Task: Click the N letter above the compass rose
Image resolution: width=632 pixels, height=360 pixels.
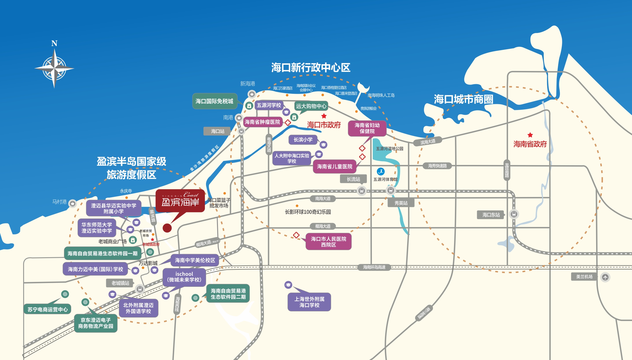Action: click(54, 43)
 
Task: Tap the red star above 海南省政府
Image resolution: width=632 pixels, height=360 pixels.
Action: click(530, 135)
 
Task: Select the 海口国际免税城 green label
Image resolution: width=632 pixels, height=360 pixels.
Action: click(214, 101)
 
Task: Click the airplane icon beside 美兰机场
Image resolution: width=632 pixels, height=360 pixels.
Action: click(605, 277)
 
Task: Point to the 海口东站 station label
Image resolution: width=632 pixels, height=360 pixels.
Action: click(491, 215)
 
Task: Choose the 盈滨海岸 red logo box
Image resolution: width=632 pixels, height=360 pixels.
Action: click(180, 200)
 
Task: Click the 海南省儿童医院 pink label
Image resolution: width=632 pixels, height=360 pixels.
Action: click(335, 166)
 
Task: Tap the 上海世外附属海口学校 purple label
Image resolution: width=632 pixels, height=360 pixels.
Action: click(309, 302)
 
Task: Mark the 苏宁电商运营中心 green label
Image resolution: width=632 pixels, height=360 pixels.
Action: click(47, 309)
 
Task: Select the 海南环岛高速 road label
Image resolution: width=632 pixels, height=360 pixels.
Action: click(374, 267)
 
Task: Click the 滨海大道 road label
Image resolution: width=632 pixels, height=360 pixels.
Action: click(428, 142)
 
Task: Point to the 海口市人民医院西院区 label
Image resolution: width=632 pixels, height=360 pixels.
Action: click(328, 242)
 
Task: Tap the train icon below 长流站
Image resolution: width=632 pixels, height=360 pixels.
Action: click(361, 191)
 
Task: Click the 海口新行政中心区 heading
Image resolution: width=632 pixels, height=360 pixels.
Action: click(311, 68)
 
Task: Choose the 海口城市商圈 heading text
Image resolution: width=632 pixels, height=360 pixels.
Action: click(463, 99)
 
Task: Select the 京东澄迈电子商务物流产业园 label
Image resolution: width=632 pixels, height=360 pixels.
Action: click(95, 323)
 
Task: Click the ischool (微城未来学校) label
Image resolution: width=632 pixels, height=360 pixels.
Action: click(184, 277)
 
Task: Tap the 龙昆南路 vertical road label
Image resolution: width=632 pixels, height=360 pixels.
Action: click(507, 170)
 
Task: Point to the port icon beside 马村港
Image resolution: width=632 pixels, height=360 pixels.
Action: click(73, 203)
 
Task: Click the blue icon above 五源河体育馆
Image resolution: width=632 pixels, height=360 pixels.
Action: click(381, 171)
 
